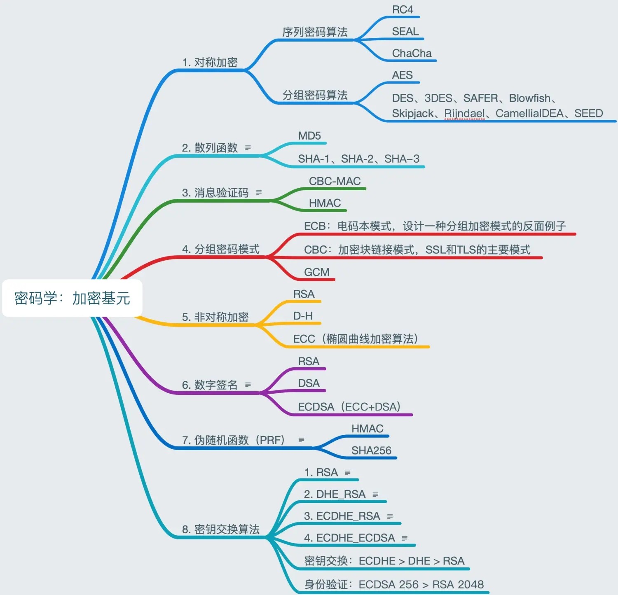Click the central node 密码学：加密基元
click(72, 298)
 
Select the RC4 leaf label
click(402, 10)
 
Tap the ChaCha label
click(411, 54)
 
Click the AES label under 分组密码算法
click(402, 75)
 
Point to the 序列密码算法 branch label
click(315, 32)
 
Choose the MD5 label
click(309, 136)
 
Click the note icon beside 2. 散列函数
click(248, 147)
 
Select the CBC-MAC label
click(335, 181)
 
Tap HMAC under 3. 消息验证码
click(325, 203)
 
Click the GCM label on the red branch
click(316, 272)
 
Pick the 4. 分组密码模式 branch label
click(221, 249)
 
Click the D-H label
click(303, 316)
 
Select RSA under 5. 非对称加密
click(304, 294)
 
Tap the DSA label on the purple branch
click(309, 383)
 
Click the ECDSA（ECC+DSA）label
click(349, 407)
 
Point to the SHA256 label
click(371, 450)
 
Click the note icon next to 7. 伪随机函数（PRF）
click(301, 440)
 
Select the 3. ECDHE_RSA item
click(342, 516)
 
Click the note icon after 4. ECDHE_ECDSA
click(405, 538)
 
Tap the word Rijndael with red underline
click(464, 113)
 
